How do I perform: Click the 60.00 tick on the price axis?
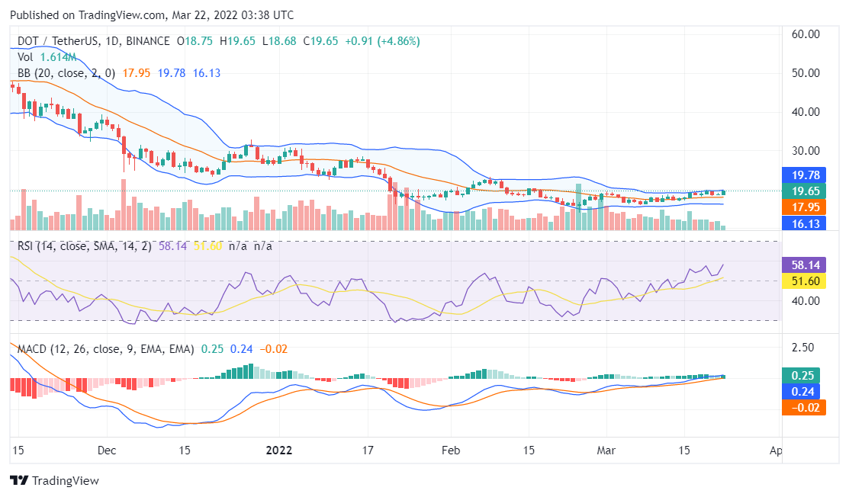tap(806, 34)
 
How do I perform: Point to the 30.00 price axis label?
tap(806, 150)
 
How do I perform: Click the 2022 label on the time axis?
tap(278, 450)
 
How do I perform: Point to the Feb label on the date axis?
tap(451, 450)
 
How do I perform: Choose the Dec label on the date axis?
tap(107, 450)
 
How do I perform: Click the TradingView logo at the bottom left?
tap(54, 481)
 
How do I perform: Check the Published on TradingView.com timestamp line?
tap(151, 15)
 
